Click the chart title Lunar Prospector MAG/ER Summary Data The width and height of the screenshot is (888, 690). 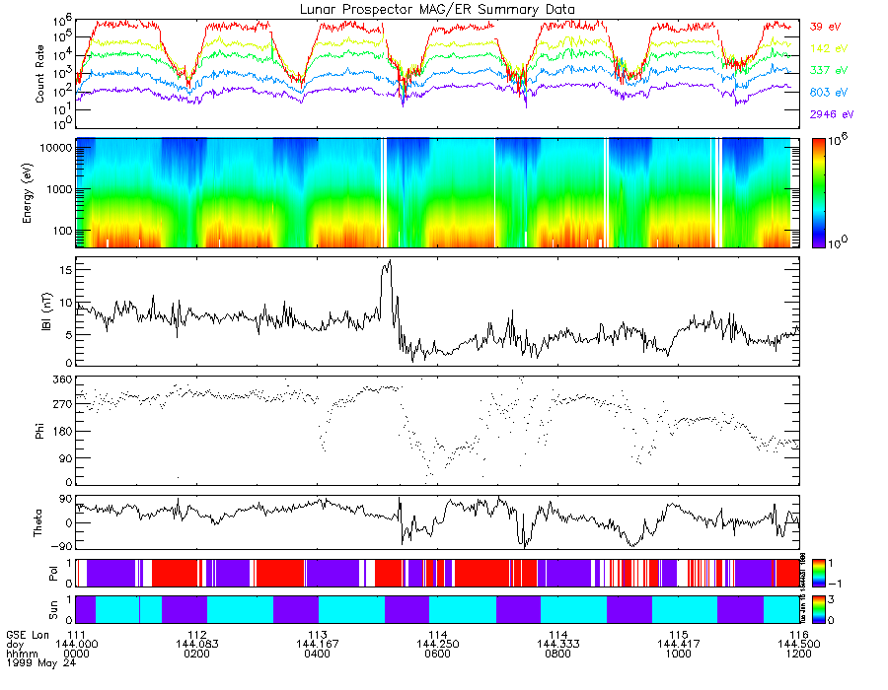click(437, 9)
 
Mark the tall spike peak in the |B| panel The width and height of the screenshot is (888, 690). click(390, 261)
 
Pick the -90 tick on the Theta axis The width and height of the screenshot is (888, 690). click(57, 546)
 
